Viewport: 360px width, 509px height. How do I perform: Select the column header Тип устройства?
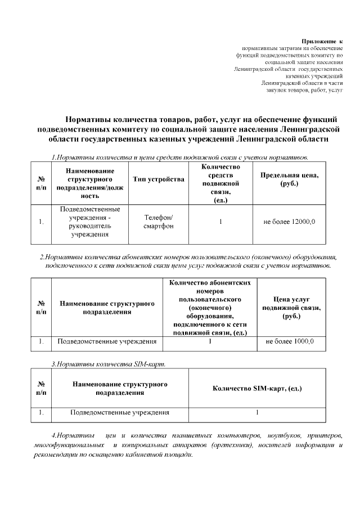[x=158, y=179]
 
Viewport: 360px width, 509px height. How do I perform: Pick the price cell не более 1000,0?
[x=289, y=341]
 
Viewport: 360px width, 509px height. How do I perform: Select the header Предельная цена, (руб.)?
[x=289, y=179]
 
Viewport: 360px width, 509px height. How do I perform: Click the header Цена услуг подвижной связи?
[x=289, y=308]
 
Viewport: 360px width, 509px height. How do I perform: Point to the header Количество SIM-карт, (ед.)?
[x=256, y=389]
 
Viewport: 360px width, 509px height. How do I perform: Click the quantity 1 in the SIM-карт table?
[x=256, y=412]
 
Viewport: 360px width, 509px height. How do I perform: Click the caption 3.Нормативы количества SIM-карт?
[x=108, y=364]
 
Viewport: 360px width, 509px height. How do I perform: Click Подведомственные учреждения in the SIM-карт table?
[x=119, y=412]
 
